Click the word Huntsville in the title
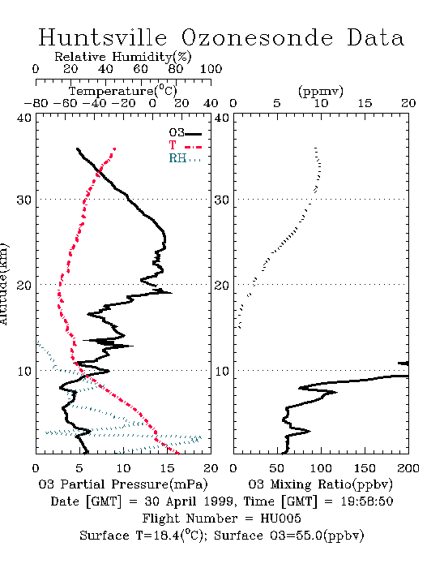coord(103,37)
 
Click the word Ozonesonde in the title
coord(257,37)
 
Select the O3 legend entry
coord(185,133)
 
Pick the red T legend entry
coord(185,145)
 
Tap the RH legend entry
coord(185,158)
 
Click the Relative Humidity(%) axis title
coord(122,57)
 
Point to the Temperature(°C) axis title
coord(122,91)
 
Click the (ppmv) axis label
coord(321,91)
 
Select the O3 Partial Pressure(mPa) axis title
coord(123,484)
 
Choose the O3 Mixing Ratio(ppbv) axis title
coord(320,484)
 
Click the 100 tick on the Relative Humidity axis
coord(211,69)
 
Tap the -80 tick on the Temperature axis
coord(36,103)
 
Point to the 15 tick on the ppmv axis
coord(365,103)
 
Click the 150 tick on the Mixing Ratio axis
coord(365,468)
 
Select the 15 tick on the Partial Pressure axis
coord(167,468)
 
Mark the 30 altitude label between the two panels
coord(222,200)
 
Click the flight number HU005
coord(280,519)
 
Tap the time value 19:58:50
coord(367,501)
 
